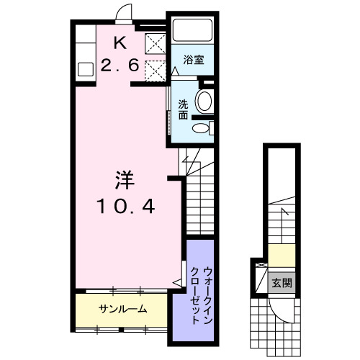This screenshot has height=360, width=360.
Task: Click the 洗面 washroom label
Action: click(x=184, y=108)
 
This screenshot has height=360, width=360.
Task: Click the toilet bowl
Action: click(x=202, y=130)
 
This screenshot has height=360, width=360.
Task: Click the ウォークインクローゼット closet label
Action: click(x=201, y=295)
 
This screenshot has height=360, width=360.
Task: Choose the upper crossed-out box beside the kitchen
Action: click(x=153, y=45)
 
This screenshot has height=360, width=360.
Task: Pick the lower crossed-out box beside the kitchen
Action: click(x=153, y=71)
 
